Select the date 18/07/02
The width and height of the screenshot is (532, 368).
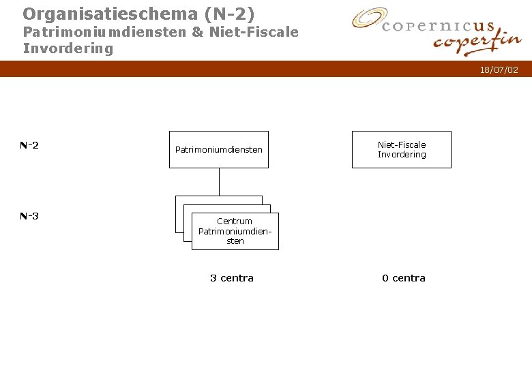pos(499,70)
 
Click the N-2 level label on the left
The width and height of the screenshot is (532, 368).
pos(29,145)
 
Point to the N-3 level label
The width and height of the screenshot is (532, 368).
pos(29,216)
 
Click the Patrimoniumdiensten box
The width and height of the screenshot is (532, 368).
pos(219,149)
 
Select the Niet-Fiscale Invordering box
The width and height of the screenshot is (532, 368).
pos(402,149)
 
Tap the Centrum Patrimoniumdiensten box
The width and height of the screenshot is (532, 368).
pos(235,231)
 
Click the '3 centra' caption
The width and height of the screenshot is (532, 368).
pos(232,278)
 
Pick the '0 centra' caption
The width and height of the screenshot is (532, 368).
pos(404,278)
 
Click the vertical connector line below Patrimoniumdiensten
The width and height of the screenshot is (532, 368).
pos(219,181)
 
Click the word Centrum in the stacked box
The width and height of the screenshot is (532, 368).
pos(235,221)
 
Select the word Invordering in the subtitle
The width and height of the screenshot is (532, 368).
pos(68,48)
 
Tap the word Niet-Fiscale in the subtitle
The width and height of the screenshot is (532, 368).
pos(254,32)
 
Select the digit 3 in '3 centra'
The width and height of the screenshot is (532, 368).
pos(213,278)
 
